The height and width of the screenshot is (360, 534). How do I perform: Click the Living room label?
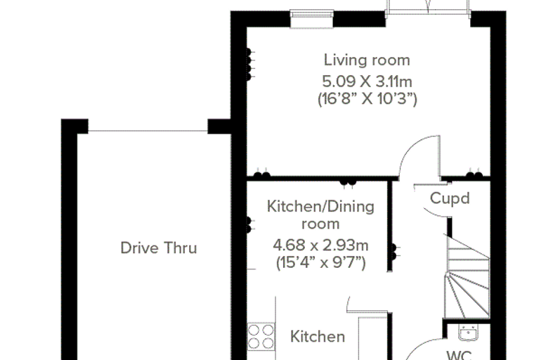367,60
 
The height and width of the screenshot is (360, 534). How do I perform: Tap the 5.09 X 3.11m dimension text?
367,82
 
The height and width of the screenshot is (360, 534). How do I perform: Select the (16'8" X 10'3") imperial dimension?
367,99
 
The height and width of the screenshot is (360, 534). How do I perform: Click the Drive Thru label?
159,247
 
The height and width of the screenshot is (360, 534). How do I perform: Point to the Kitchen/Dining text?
320,207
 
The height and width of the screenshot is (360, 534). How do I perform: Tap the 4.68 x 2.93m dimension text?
320,245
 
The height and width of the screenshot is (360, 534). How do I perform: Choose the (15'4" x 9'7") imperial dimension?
320,263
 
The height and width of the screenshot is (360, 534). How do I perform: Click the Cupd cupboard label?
450,198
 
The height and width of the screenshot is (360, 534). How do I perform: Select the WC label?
459,355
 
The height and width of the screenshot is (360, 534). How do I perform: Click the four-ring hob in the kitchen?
261,337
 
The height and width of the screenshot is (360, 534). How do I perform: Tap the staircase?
467,277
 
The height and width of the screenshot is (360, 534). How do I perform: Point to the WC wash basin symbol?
468,333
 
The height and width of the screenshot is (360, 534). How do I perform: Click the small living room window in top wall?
311,19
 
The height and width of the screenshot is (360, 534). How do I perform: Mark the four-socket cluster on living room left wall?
249,65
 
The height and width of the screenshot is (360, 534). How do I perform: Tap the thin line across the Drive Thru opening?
148,131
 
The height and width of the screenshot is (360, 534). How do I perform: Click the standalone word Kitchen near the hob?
318,337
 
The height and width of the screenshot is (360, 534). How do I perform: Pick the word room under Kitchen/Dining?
320,224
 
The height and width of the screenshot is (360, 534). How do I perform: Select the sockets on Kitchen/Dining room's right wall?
394,252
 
